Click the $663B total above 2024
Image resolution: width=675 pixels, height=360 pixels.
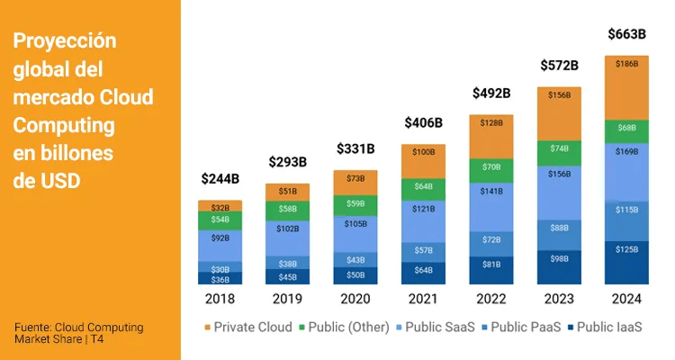(x=627, y=34)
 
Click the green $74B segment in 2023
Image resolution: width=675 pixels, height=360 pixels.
(x=560, y=148)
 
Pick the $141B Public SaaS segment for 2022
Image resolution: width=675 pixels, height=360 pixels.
(x=491, y=192)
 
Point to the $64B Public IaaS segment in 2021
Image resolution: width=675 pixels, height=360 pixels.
(x=424, y=269)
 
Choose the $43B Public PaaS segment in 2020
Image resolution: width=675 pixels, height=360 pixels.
(x=355, y=259)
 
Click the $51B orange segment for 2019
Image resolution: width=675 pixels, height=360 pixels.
(x=288, y=192)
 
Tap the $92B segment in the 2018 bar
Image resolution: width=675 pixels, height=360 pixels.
(x=220, y=239)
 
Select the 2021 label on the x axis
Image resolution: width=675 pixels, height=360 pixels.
(x=424, y=298)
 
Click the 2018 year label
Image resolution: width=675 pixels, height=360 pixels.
(x=220, y=298)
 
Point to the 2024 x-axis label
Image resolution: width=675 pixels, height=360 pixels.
(x=627, y=298)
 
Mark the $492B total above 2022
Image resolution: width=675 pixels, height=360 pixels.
(x=491, y=93)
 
